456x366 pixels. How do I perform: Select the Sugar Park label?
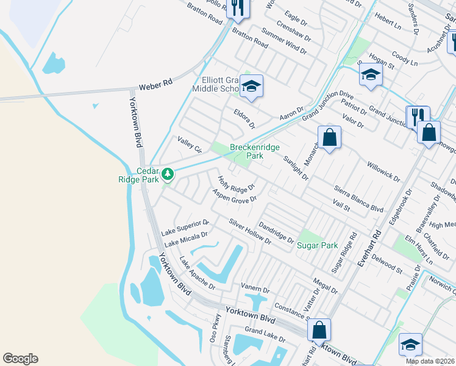(317, 246)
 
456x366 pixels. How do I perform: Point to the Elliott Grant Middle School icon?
(251, 86)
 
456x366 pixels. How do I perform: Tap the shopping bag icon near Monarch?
(329, 137)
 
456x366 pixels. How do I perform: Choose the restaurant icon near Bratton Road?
(237, 8)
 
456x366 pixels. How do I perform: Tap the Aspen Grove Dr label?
(234, 195)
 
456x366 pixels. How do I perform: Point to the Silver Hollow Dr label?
(250, 231)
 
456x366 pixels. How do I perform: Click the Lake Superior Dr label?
(185, 228)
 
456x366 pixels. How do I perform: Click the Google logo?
(20, 359)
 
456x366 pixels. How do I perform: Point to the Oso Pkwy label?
(215, 328)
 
